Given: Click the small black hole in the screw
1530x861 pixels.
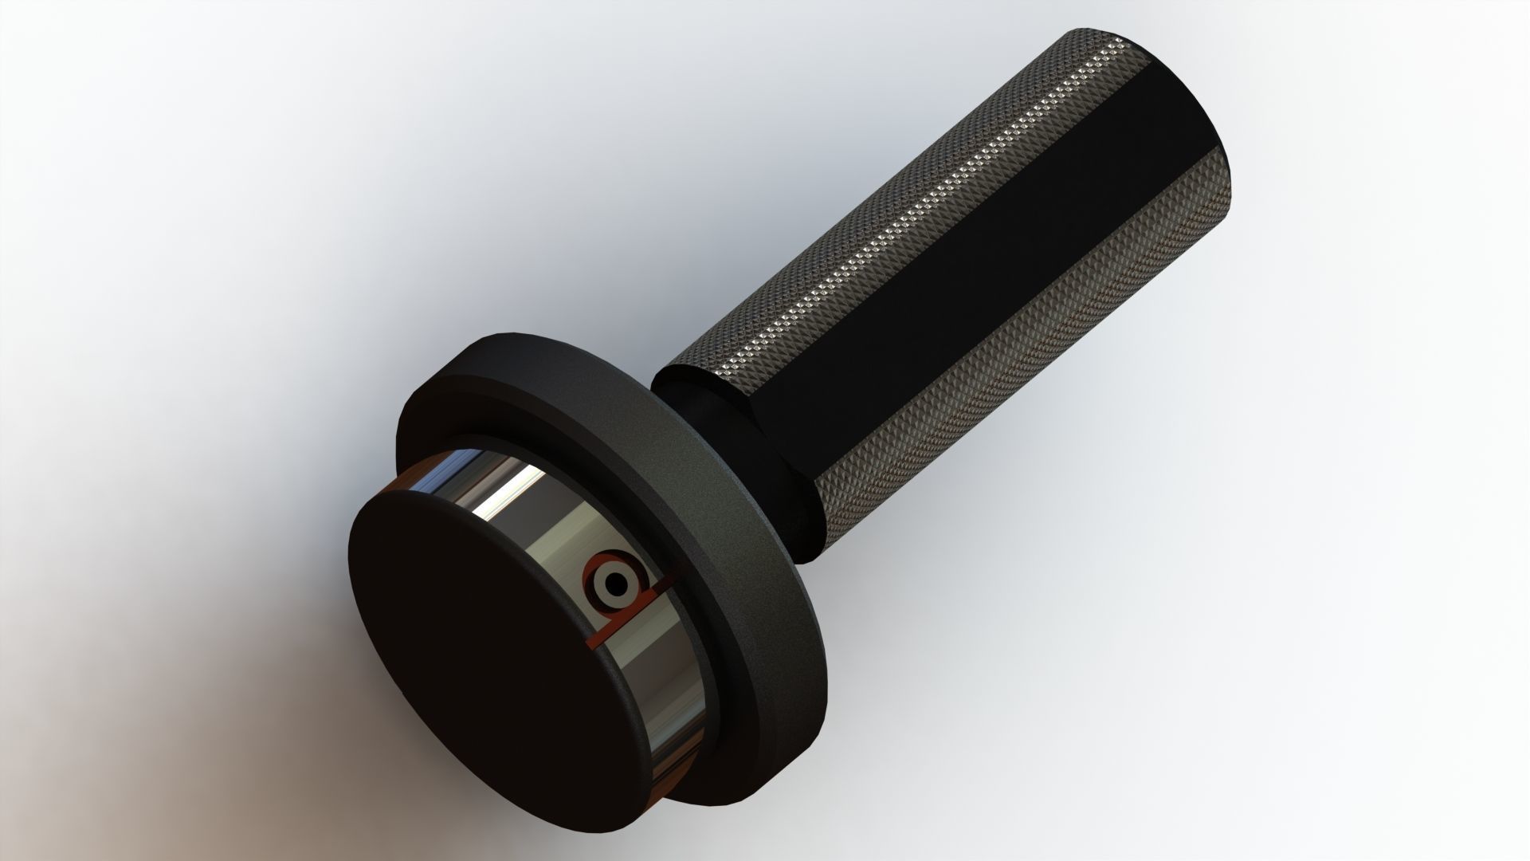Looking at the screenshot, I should click(x=616, y=584).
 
